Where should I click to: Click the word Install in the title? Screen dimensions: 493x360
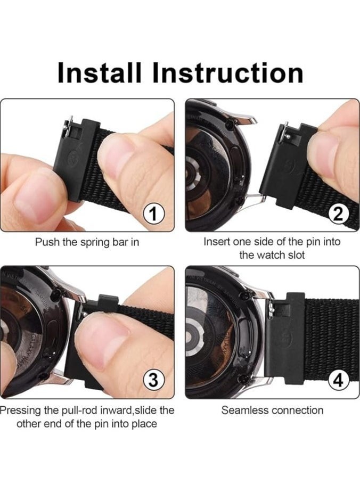point(101,73)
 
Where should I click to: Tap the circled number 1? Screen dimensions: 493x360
point(154,215)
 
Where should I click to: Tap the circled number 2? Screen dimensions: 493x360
point(338,215)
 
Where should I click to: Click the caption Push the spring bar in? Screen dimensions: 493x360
point(87,242)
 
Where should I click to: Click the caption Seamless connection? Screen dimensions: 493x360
point(272,410)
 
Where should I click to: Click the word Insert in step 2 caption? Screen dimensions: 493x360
point(217,242)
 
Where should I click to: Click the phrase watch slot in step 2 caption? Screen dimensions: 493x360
point(272,255)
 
